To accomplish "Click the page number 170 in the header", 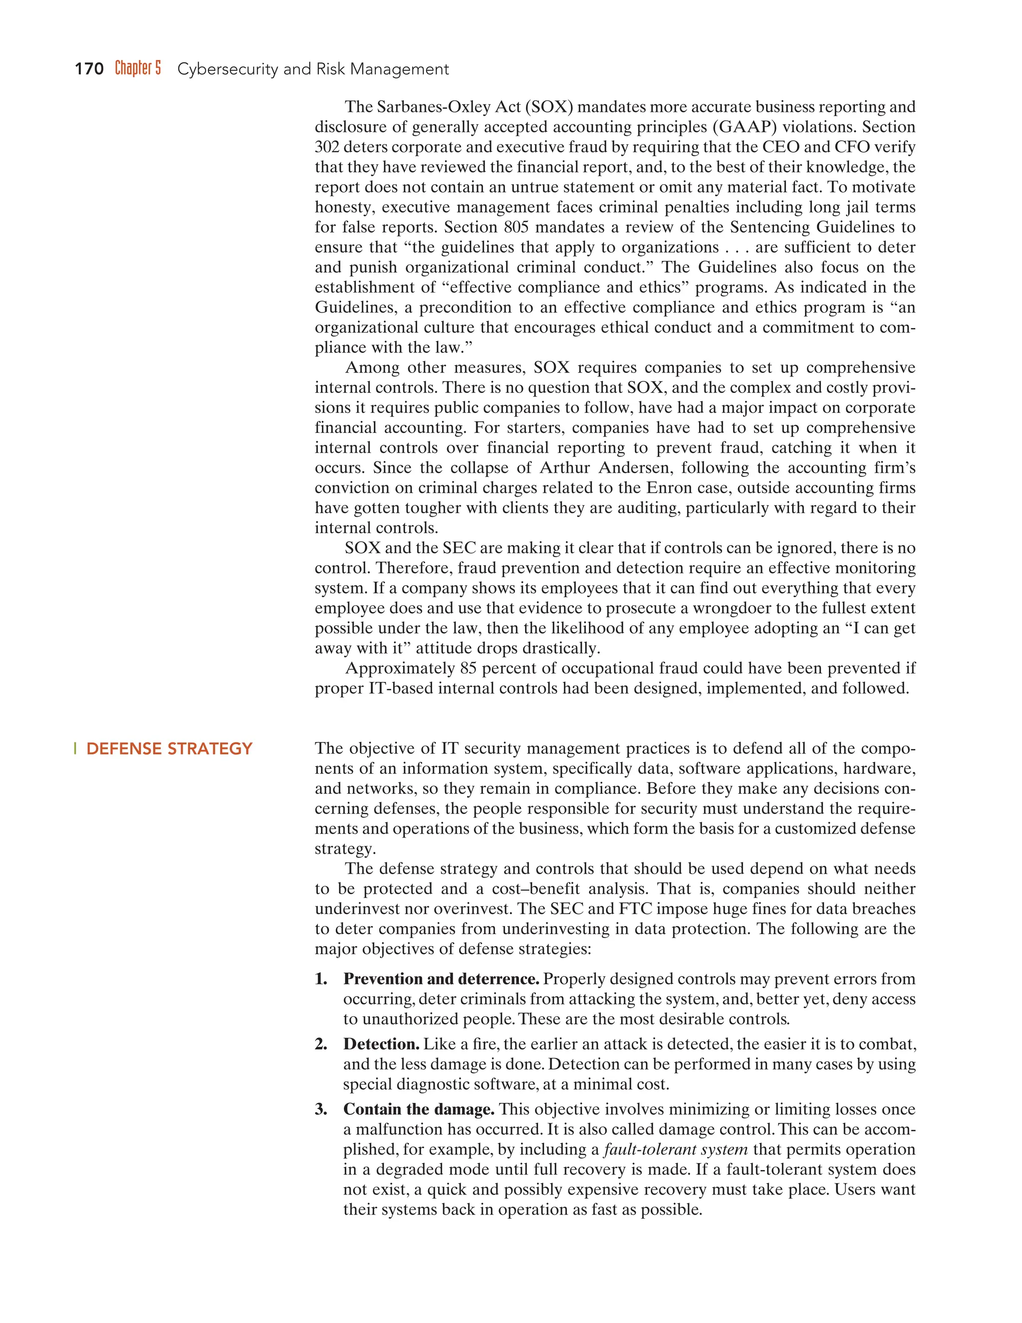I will click(89, 69).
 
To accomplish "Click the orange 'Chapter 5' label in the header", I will click(138, 68).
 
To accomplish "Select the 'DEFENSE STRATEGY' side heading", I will click(169, 749).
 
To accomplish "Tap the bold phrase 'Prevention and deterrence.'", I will click(441, 980).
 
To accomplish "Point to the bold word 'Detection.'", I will click(381, 1044).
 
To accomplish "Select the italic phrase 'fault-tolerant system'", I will click(676, 1149).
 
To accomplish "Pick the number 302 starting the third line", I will click(327, 147).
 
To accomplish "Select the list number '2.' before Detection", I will click(321, 1044).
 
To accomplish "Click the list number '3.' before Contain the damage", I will click(321, 1109).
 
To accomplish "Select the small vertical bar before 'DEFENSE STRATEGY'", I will click(75, 749).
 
